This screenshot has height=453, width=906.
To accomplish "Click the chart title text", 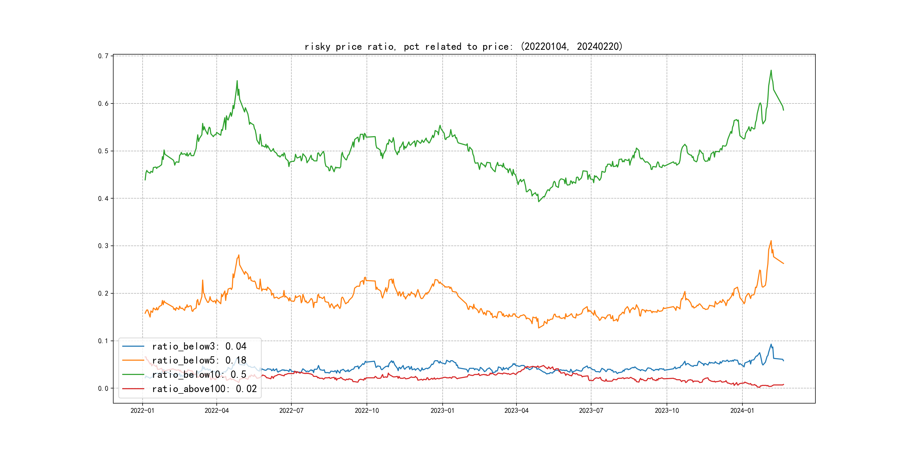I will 463,46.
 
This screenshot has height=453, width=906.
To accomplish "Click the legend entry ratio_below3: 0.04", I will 199,346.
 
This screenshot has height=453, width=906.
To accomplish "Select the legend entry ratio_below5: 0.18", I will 199,360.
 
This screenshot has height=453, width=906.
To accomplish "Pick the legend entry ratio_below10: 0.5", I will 199,375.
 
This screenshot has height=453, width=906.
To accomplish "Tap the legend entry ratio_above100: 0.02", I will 204,389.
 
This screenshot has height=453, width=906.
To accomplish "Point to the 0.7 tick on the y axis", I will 103,56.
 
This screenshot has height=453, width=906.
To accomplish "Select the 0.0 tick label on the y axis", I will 103,388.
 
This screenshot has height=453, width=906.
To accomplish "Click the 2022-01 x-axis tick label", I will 142,410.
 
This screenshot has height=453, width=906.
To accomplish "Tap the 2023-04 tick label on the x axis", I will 516,410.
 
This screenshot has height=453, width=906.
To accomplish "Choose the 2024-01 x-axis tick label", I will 742,410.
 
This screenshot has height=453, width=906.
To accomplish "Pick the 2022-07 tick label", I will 291,410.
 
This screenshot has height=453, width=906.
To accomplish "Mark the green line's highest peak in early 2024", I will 771,70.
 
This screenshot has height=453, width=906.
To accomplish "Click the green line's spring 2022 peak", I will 237,81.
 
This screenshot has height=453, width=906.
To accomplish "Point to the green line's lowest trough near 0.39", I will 539,202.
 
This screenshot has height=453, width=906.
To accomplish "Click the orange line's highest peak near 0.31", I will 771,241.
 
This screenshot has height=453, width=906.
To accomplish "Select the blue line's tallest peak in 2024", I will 771,344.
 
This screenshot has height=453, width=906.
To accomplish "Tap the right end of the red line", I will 784,384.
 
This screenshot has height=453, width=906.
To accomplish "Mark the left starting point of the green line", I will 145,180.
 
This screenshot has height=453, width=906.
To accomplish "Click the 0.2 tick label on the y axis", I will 103,293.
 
